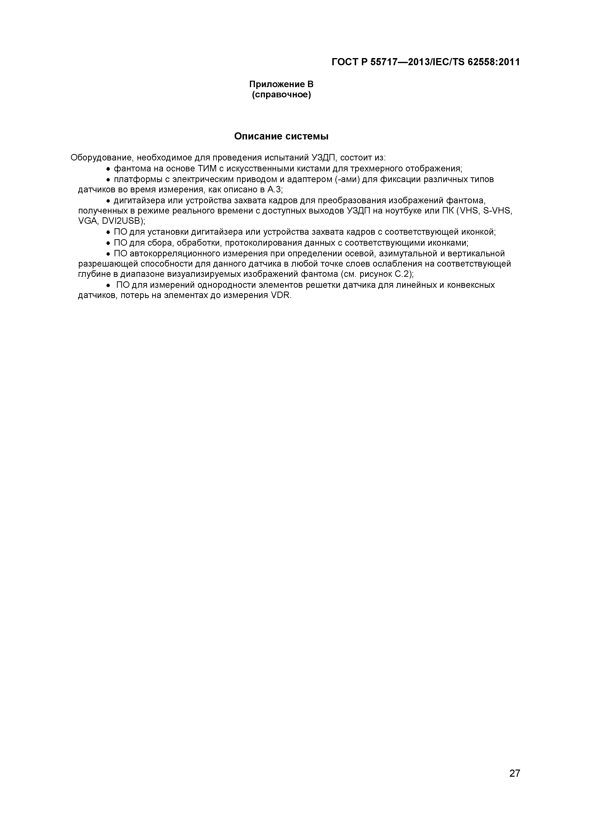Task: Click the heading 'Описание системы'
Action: tap(281, 136)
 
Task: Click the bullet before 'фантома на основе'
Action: tap(108, 169)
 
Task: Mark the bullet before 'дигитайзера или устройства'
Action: tap(108, 201)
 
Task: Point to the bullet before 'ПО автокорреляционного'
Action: tap(108, 254)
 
